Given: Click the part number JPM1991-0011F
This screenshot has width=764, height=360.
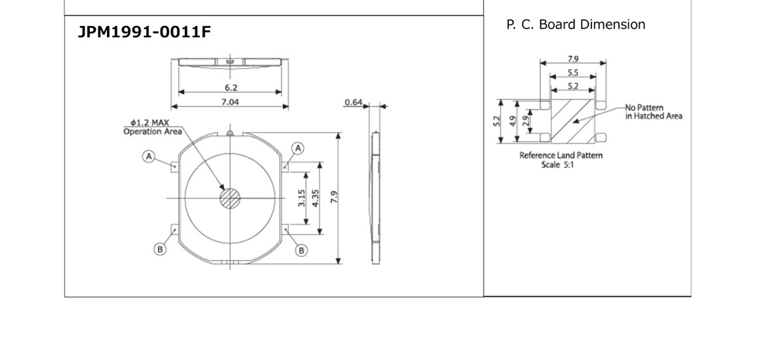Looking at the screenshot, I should (x=145, y=33).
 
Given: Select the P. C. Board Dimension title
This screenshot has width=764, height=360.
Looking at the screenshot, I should (x=575, y=25).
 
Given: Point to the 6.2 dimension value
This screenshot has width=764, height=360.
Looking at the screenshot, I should (x=231, y=88).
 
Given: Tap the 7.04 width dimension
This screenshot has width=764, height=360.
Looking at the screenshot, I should (x=230, y=102).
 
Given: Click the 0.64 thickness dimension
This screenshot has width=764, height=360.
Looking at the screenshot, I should (x=353, y=102).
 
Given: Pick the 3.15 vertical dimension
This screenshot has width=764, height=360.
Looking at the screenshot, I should (x=302, y=199).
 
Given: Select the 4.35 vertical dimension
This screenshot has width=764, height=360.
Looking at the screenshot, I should (x=316, y=199).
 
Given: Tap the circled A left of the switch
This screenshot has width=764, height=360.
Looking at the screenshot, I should (x=149, y=156).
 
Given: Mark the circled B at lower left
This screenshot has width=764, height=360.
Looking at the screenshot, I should (x=159, y=250).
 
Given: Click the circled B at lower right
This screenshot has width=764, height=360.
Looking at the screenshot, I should (x=302, y=250).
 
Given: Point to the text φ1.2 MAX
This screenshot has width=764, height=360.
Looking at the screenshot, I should (x=151, y=123).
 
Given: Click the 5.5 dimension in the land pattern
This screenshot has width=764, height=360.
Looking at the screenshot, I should (x=572, y=72).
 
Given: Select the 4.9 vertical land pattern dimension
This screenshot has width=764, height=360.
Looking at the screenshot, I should (x=513, y=121).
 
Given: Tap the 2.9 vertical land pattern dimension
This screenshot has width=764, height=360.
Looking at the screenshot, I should (x=525, y=121).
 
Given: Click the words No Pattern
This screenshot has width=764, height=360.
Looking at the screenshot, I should (x=644, y=108).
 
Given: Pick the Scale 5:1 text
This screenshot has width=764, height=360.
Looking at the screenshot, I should (x=557, y=165).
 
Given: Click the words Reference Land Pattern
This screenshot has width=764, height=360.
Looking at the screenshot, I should (x=561, y=156).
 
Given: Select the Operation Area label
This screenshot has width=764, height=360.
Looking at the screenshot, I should (x=152, y=132).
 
